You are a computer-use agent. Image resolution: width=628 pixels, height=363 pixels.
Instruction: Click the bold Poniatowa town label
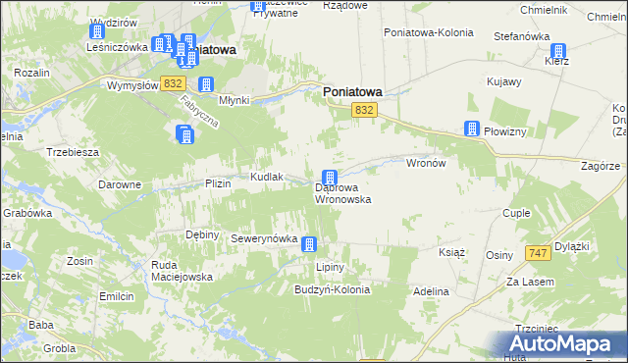pyautogui.click(x=352, y=92)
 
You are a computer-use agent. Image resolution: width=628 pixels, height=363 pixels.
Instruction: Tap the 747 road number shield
pyautogui.click(x=536, y=253)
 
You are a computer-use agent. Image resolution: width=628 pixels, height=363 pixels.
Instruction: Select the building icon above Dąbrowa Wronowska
pyautogui.click(x=331, y=178)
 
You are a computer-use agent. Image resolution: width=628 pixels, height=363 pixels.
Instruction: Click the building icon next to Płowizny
pyautogui.click(x=472, y=130)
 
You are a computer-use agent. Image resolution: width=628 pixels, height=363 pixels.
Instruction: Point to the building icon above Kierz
pyautogui.click(x=559, y=51)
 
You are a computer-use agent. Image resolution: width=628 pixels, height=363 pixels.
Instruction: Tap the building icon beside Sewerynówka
pyautogui.click(x=310, y=244)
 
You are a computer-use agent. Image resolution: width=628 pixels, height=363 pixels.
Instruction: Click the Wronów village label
pyautogui.click(x=426, y=164)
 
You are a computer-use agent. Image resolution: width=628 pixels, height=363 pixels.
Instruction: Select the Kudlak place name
pyautogui.click(x=267, y=177)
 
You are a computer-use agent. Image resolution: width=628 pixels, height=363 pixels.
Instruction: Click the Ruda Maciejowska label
pyautogui.click(x=182, y=271)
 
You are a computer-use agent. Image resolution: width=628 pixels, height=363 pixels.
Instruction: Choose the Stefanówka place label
pyautogui.click(x=521, y=36)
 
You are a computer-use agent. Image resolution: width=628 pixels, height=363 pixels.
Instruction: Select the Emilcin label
pyautogui.click(x=116, y=296)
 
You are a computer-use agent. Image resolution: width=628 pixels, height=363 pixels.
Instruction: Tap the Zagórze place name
pyautogui.click(x=601, y=167)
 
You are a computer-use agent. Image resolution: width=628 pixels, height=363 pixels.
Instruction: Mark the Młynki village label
pyautogui.click(x=235, y=100)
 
